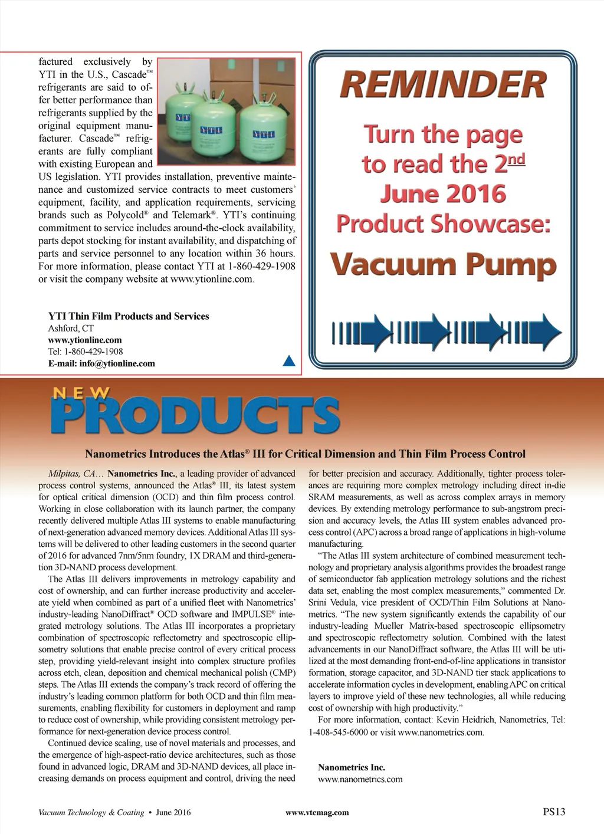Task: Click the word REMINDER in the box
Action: point(443,85)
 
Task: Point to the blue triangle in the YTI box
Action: point(289,360)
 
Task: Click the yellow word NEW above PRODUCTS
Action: point(81,393)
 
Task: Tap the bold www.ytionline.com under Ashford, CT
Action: point(85,340)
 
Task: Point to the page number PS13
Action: point(554,812)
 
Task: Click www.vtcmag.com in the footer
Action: point(317,812)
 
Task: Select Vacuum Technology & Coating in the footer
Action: point(91,812)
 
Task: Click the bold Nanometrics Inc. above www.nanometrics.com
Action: point(352,767)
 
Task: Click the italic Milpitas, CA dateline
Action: point(71,474)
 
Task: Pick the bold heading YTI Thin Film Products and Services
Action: point(129,316)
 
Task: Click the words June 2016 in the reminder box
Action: point(443,194)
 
